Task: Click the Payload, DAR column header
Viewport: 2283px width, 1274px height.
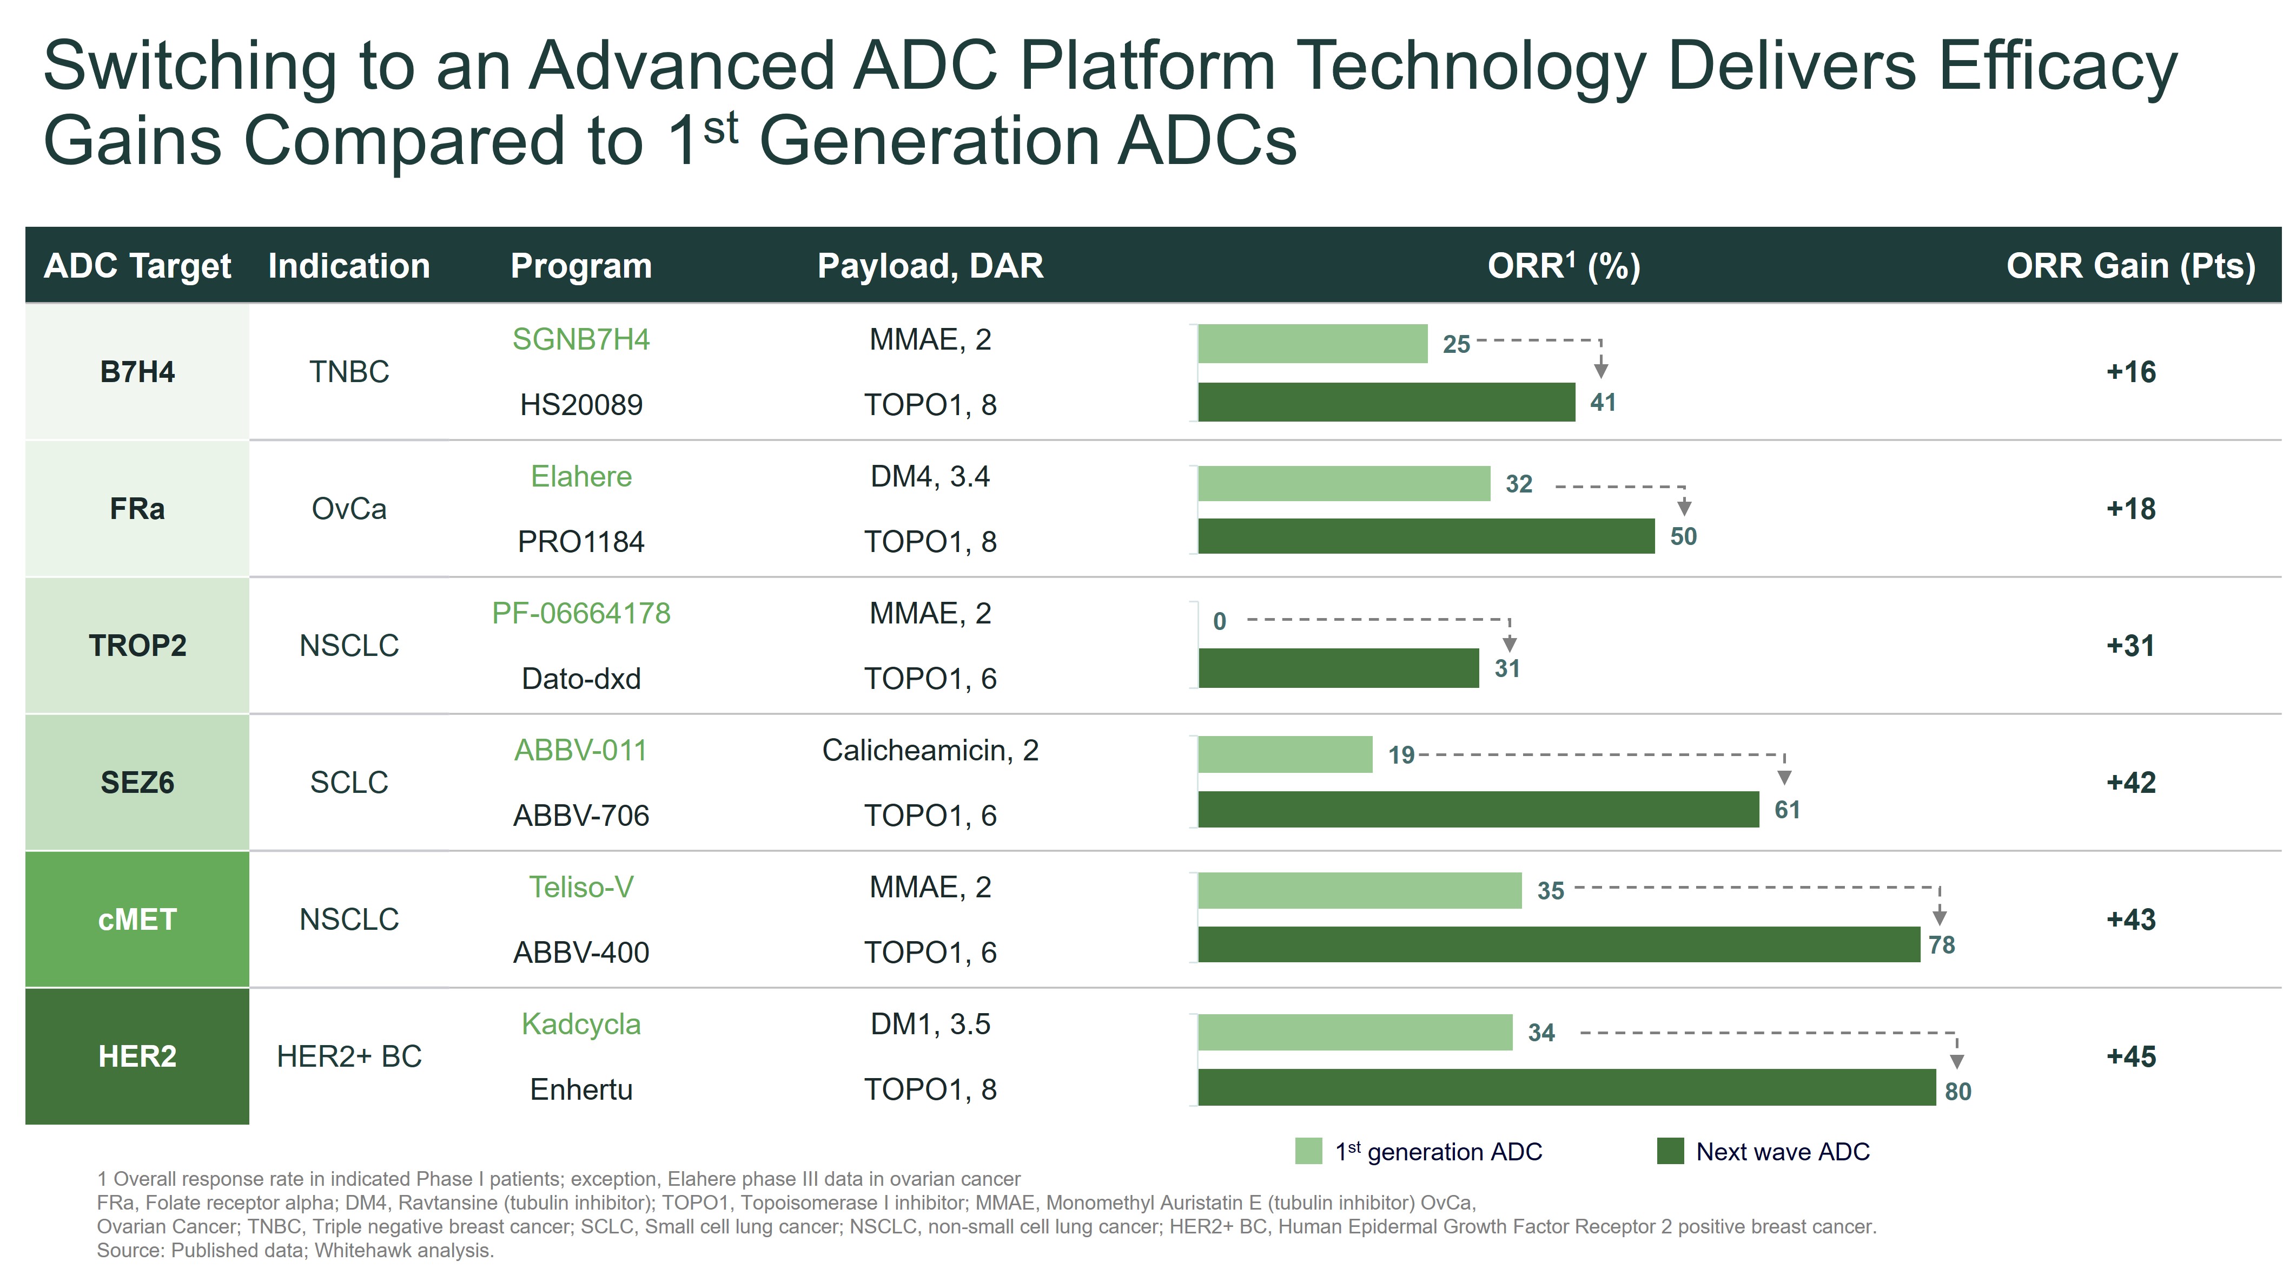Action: tap(930, 266)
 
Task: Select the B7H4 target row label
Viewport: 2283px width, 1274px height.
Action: tap(137, 371)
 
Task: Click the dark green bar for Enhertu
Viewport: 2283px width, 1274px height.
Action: tap(1565, 1087)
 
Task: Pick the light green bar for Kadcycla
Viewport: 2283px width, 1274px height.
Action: tap(1354, 1032)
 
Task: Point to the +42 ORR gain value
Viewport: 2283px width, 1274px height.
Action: tap(2130, 783)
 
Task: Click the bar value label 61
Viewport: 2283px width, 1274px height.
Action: tap(1786, 810)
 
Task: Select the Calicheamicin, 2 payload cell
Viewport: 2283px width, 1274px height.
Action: tap(930, 750)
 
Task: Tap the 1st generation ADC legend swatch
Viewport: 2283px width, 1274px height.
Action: tap(1308, 1151)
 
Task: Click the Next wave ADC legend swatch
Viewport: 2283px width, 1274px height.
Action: tap(1670, 1151)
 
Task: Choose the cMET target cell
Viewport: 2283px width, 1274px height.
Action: tap(137, 920)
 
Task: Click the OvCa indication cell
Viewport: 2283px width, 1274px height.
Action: tap(349, 509)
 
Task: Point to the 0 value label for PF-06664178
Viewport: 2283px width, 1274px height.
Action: tap(1220, 621)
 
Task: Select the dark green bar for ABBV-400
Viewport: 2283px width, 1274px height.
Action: tap(1558, 944)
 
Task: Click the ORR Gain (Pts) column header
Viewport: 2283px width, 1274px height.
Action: tap(2130, 266)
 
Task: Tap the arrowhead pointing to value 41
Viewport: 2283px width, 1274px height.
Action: tap(1600, 369)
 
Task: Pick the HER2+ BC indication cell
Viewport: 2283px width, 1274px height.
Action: tap(349, 1056)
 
